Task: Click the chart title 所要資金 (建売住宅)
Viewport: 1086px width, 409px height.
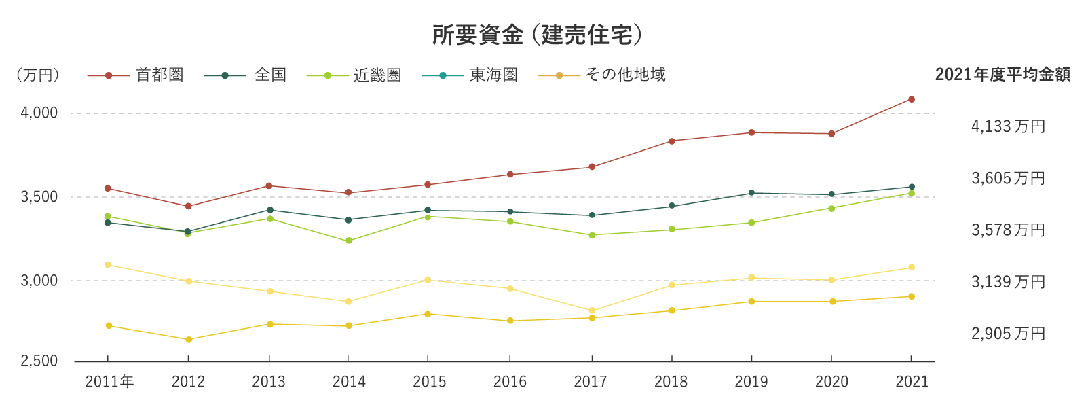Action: click(538, 35)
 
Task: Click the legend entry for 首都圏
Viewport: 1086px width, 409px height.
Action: click(160, 75)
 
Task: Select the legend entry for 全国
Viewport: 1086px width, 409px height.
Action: click(270, 75)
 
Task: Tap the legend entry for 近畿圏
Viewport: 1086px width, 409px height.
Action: click(377, 75)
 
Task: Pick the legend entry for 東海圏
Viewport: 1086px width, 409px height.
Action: click(493, 75)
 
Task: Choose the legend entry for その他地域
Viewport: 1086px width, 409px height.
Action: click(625, 75)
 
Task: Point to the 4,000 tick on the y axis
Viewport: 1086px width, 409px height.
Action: click(39, 113)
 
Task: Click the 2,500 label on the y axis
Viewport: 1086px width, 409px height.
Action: click(39, 361)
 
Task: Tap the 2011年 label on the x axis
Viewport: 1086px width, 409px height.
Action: click(109, 382)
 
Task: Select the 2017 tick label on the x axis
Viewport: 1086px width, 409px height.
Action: click(591, 382)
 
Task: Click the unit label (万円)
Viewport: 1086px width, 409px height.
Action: click(38, 75)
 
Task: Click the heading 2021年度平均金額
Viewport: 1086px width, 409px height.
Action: click(1003, 75)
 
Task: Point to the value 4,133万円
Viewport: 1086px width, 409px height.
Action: click(1008, 126)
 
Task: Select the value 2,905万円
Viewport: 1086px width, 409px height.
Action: click(1008, 334)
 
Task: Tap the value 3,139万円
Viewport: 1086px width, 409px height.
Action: click(1008, 282)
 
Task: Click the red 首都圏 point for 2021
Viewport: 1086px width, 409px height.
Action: click(912, 99)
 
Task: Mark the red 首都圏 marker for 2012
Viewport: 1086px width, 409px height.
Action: click(189, 206)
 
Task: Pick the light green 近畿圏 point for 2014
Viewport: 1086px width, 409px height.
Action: click(349, 241)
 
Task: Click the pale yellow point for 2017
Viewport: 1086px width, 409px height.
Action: click(592, 310)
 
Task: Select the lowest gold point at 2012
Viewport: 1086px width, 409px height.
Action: click(189, 339)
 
